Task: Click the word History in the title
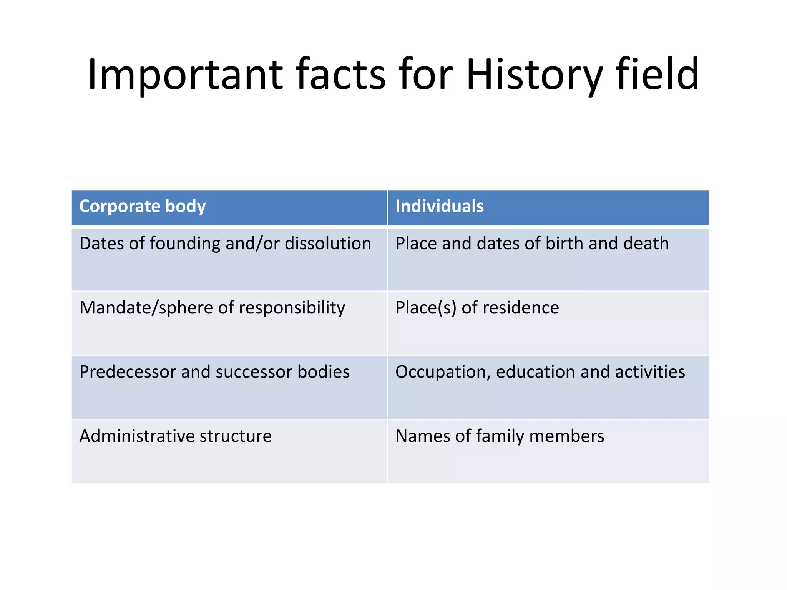(534, 75)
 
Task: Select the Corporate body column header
(143, 206)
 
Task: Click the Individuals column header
(439, 206)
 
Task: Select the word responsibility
(292, 308)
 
